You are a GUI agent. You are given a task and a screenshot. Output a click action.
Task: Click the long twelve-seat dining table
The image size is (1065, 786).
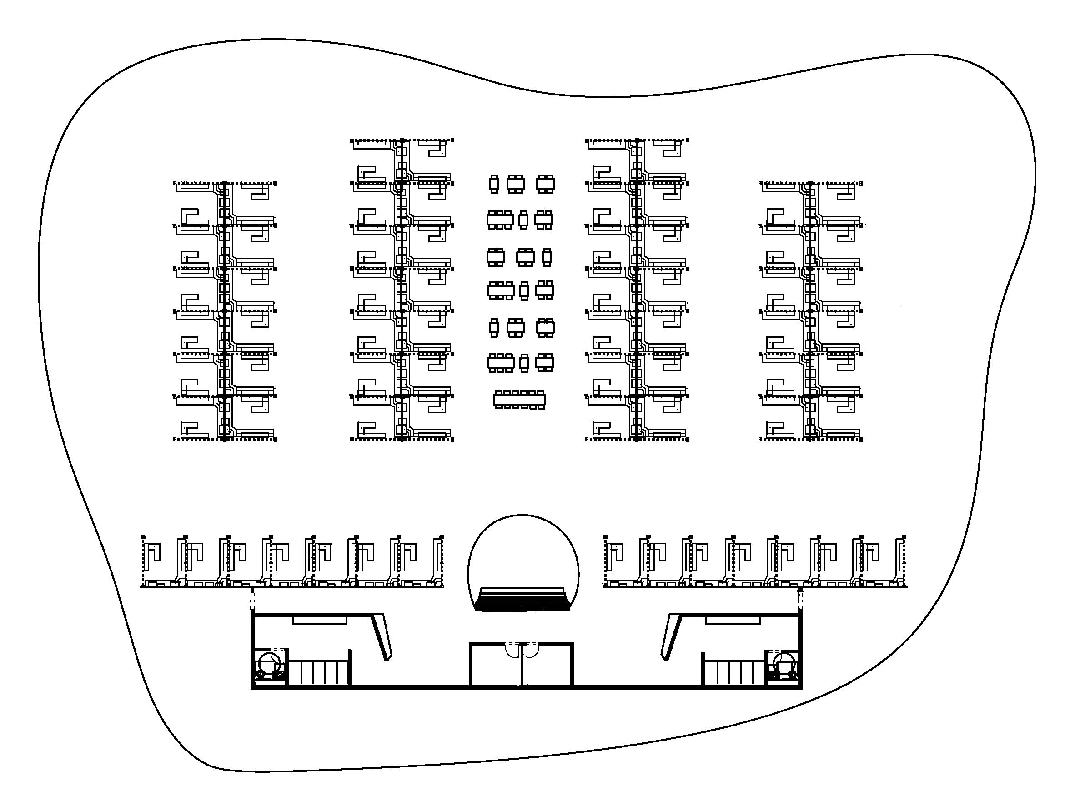click(519, 400)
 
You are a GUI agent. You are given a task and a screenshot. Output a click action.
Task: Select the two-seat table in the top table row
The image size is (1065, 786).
click(494, 184)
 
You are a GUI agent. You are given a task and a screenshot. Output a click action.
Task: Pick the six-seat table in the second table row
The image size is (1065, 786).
click(500, 220)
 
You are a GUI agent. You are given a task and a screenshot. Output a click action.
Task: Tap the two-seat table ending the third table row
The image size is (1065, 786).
click(547, 257)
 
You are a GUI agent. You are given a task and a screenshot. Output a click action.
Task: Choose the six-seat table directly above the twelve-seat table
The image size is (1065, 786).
click(501, 363)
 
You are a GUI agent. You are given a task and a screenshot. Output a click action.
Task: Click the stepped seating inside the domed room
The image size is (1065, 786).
click(523, 599)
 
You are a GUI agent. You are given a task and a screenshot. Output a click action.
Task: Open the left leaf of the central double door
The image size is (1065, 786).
click(513, 651)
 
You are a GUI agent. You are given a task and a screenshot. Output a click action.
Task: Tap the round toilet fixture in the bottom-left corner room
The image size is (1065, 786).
click(269, 663)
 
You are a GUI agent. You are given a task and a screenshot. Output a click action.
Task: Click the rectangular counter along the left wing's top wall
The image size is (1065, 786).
click(319, 621)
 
